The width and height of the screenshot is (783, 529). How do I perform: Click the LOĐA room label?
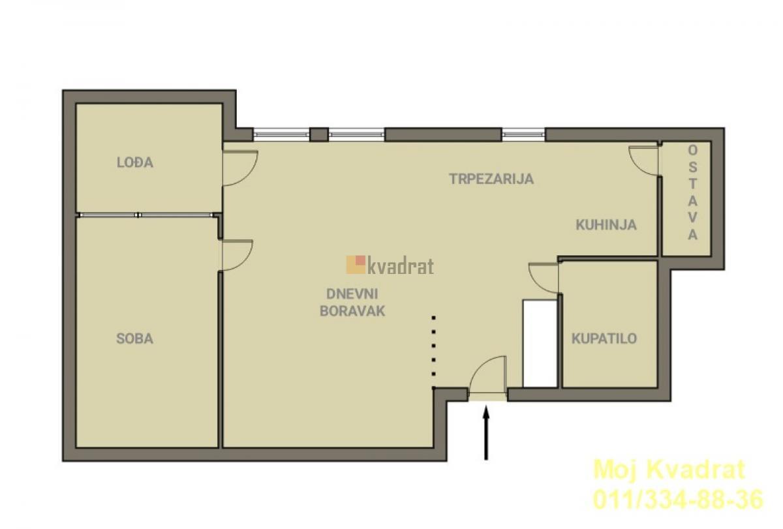click(x=135, y=162)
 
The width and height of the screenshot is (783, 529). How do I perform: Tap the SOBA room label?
click(x=134, y=339)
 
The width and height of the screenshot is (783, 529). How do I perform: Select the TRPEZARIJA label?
click(x=491, y=179)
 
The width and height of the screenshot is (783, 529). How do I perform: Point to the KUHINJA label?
click(x=606, y=224)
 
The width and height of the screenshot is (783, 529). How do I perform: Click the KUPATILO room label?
click(x=604, y=339)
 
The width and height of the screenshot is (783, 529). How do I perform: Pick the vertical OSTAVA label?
click(x=692, y=192)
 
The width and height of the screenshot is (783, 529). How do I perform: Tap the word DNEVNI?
click(x=352, y=294)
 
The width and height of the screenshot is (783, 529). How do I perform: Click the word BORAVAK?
click(x=352, y=311)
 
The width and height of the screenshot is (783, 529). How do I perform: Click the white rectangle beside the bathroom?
click(x=540, y=344)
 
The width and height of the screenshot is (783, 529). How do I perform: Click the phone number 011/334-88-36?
click(x=678, y=499)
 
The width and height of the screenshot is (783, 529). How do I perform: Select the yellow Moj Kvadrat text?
click(x=669, y=470)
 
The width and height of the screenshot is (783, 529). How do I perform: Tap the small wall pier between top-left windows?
click(x=319, y=134)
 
